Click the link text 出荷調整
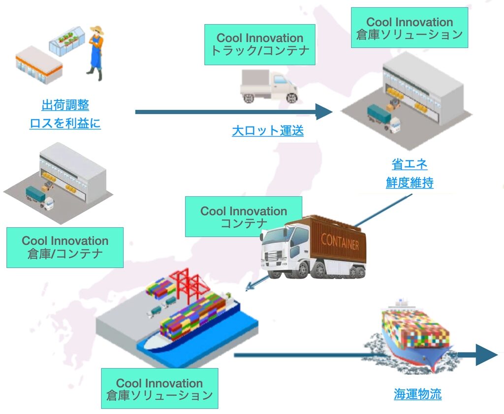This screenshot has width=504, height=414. pos(65,105)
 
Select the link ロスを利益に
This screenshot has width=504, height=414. pos(65,123)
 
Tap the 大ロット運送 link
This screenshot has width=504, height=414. pos(268,131)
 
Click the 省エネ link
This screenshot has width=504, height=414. pos(409,164)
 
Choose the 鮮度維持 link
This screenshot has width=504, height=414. pos(409,183)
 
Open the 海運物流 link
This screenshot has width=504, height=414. pos(417,394)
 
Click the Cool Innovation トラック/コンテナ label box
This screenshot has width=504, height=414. pos(259,44)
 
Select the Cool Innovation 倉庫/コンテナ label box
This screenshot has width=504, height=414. pos(64,247)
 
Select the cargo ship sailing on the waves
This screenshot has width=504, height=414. pos(416,335)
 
